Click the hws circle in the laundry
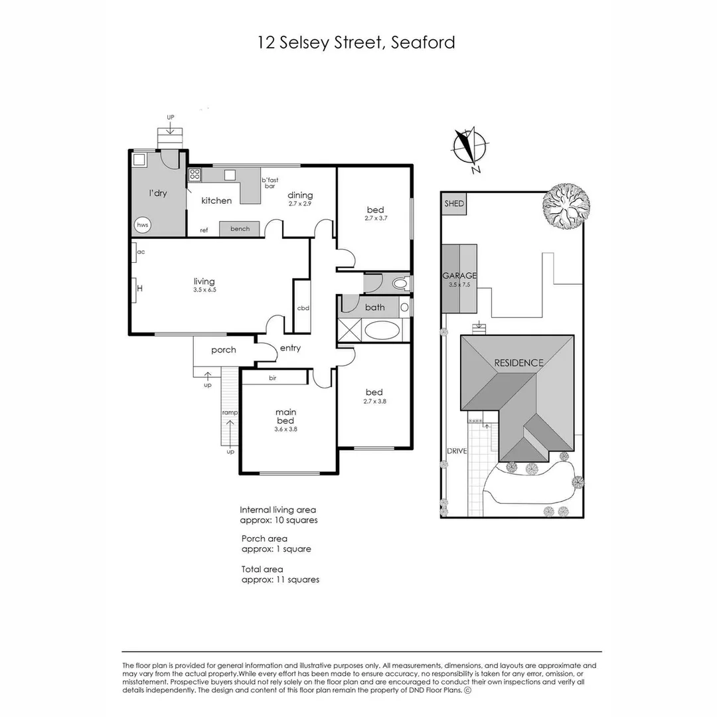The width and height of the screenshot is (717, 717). [143, 225]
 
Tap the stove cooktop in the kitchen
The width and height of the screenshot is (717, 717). [195, 175]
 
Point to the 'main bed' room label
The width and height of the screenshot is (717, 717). [286, 416]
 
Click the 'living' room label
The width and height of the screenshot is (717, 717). [204, 281]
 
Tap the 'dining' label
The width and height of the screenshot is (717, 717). [300, 195]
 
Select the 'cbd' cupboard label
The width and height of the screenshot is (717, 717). [303, 308]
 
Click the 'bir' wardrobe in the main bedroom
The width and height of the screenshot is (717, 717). [273, 378]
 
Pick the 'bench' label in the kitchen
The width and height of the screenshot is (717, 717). [240, 229]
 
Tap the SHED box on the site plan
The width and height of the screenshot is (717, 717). [455, 204]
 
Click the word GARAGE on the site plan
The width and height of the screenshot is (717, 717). [459, 275]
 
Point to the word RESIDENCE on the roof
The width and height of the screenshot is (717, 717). [518, 362]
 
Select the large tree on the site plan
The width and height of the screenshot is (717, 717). [565, 206]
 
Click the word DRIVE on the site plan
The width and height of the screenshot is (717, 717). [457, 451]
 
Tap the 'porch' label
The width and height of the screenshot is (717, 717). [224, 350]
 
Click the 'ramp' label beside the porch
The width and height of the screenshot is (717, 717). [230, 412]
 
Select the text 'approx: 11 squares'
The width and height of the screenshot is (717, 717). [280, 580]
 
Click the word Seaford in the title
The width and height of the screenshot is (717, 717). [424, 43]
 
